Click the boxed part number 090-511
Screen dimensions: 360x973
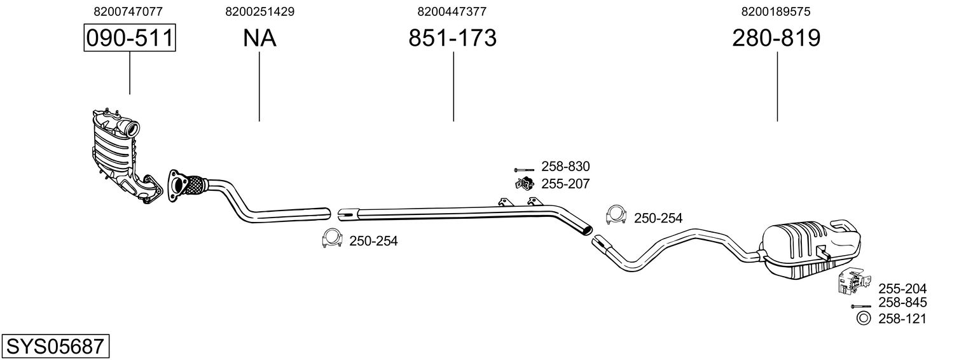click(130, 38)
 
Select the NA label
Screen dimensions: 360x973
click(259, 38)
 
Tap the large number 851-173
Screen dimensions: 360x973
click(452, 38)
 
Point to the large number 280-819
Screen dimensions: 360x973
click(776, 38)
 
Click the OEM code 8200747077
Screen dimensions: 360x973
click(128, 11)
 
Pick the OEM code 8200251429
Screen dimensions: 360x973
click(259, 11)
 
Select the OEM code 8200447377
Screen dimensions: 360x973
click(452, 11)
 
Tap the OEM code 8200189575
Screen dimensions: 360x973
click(776, 11)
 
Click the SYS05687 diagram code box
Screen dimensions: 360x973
click(55, 347)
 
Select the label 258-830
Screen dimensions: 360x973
click(565, 167)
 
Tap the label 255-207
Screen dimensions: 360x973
click(565, 184)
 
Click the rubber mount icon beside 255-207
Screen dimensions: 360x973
click(523, 184)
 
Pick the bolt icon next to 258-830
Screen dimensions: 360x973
click(523, 169)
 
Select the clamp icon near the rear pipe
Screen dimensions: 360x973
click(615, 216)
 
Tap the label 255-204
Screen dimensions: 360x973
click(902, 289)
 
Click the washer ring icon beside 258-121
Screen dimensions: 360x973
click(862, 318)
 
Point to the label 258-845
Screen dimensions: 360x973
click(902, 303)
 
